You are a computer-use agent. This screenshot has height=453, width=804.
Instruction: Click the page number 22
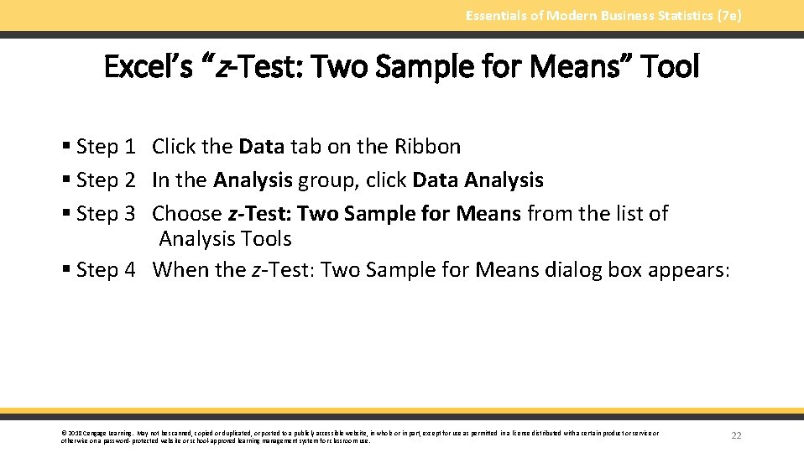737,435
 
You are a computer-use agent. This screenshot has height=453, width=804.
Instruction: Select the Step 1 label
106,147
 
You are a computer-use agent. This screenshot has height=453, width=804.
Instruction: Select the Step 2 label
106,180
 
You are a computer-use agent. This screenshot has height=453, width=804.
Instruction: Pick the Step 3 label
106,214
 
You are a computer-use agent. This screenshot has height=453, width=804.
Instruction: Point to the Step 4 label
106,269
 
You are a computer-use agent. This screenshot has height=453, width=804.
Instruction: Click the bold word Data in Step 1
262,147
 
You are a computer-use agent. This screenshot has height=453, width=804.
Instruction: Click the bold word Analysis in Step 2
253,180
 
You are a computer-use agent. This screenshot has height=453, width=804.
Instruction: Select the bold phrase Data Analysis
478,180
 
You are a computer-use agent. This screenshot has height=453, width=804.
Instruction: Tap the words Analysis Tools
225,239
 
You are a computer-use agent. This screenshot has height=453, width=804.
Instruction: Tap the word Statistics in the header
673,15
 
